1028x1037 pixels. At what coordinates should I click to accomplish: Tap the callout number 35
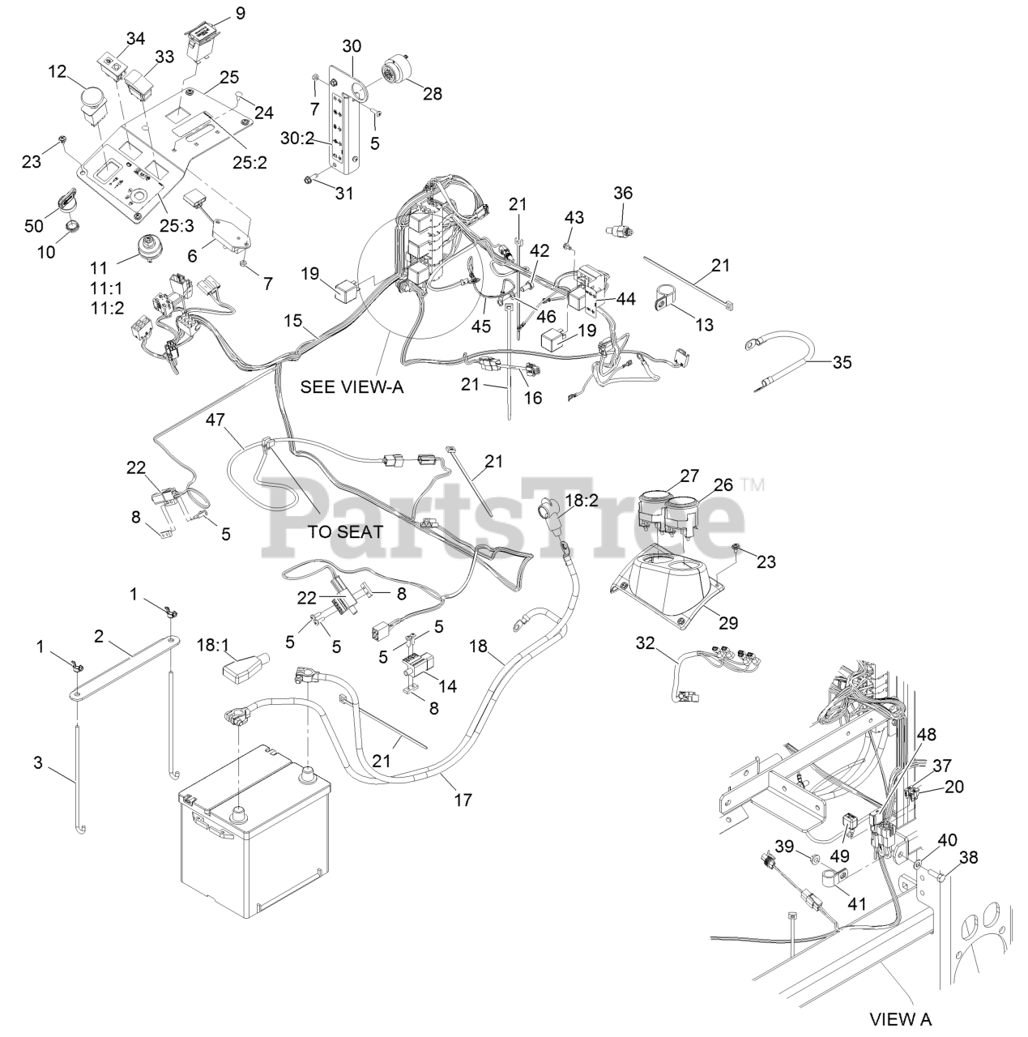[x=842, y=362]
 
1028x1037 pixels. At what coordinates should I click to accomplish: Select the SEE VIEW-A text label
[x=352, y=386]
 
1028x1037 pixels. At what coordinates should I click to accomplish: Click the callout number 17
[x=463, y=800]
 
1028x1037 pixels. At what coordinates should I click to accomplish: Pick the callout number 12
[x=57, y=71]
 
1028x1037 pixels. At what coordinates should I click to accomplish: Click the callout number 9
[x=217, y=13]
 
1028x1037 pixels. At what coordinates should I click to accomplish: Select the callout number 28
[x=433, y=93]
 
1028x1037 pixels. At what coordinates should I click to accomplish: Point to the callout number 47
[x=215, y=420]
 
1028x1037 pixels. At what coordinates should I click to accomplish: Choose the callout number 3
[x=37, y=763]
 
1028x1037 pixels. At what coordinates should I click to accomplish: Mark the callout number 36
[x=623, y=193]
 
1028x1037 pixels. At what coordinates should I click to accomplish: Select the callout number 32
[x=645, y=643]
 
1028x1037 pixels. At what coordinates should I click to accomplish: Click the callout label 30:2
[x=297, y=139]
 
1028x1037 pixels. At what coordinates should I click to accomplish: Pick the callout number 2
[x=99, y=636]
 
